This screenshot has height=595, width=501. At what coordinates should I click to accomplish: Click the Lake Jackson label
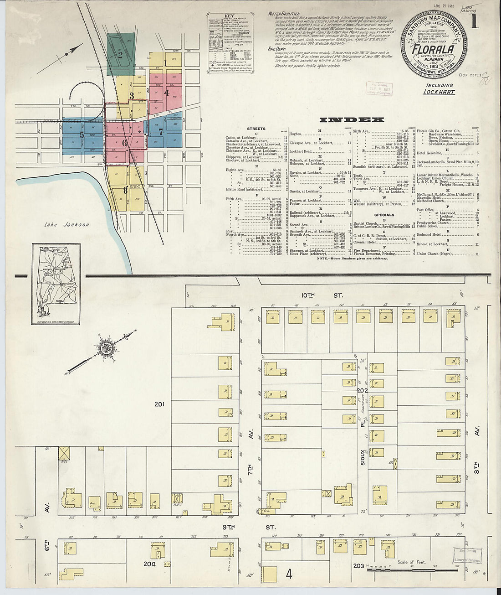point(67,224)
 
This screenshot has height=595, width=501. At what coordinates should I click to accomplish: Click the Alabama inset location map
point(56,284)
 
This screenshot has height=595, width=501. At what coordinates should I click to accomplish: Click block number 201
point(159,404)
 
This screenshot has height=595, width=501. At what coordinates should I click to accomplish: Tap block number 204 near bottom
point(149,564)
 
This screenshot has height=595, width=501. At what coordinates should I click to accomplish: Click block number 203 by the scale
point(358,566)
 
